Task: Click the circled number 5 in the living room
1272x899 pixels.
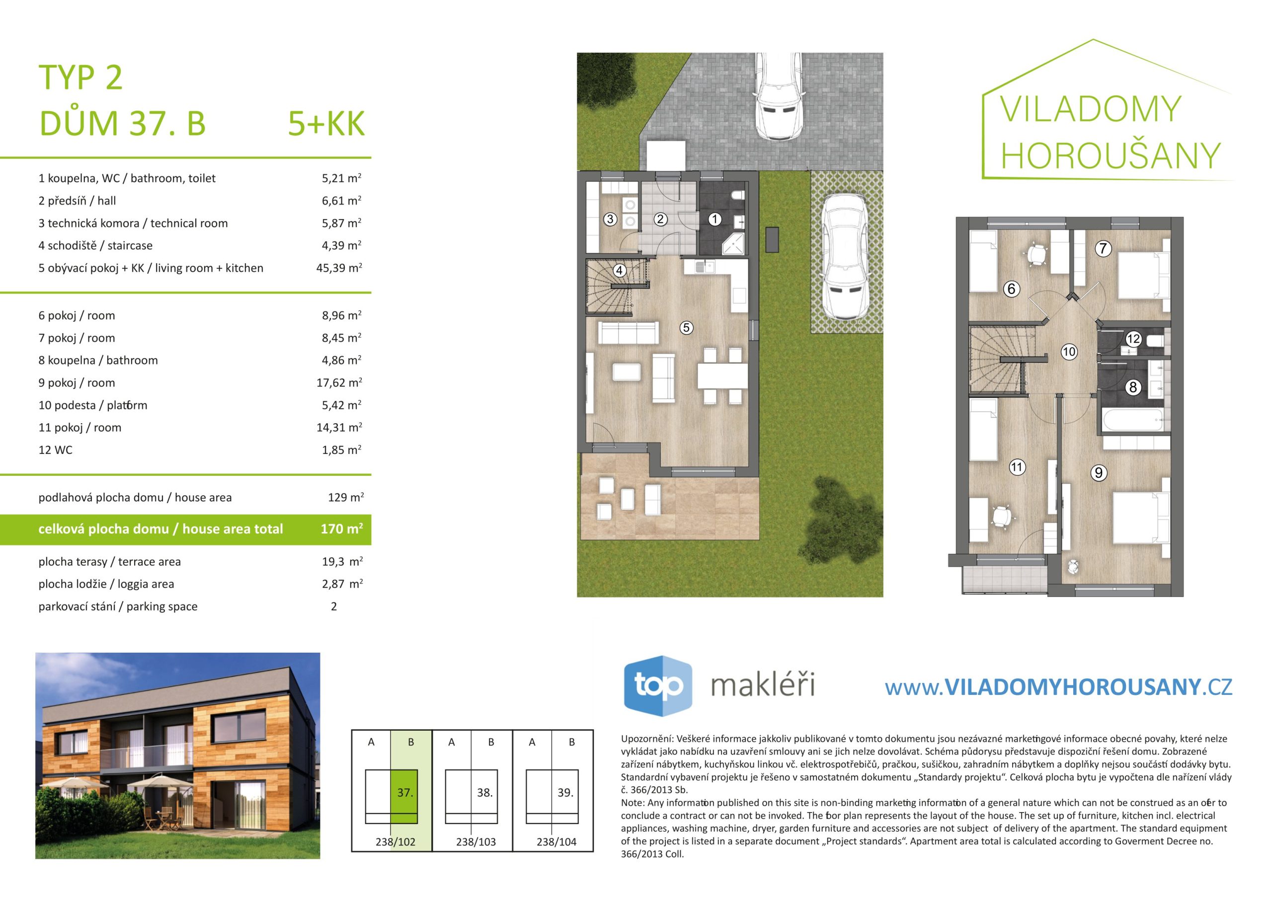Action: [686, 327]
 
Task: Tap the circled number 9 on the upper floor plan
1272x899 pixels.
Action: [1099, 472]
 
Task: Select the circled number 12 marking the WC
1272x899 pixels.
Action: [1133, 338]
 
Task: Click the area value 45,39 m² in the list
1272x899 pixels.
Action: [338, 268]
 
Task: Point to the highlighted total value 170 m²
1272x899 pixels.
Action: [341, 528]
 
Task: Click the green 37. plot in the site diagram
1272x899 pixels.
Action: [404, 796]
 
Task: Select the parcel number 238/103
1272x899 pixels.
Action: [476, 842]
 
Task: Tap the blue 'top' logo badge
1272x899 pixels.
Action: [658, 686]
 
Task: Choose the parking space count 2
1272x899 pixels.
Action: [333, 606]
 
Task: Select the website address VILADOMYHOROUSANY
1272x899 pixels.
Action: [1072, 687]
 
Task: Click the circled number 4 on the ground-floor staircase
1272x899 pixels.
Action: [620, 270]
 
